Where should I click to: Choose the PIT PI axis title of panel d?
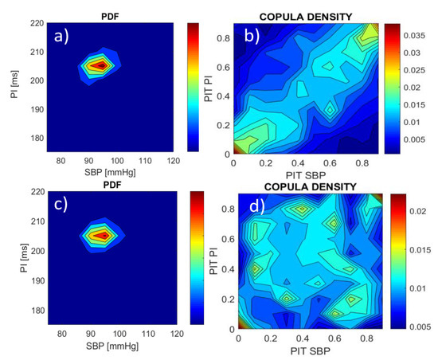click(213, 263)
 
